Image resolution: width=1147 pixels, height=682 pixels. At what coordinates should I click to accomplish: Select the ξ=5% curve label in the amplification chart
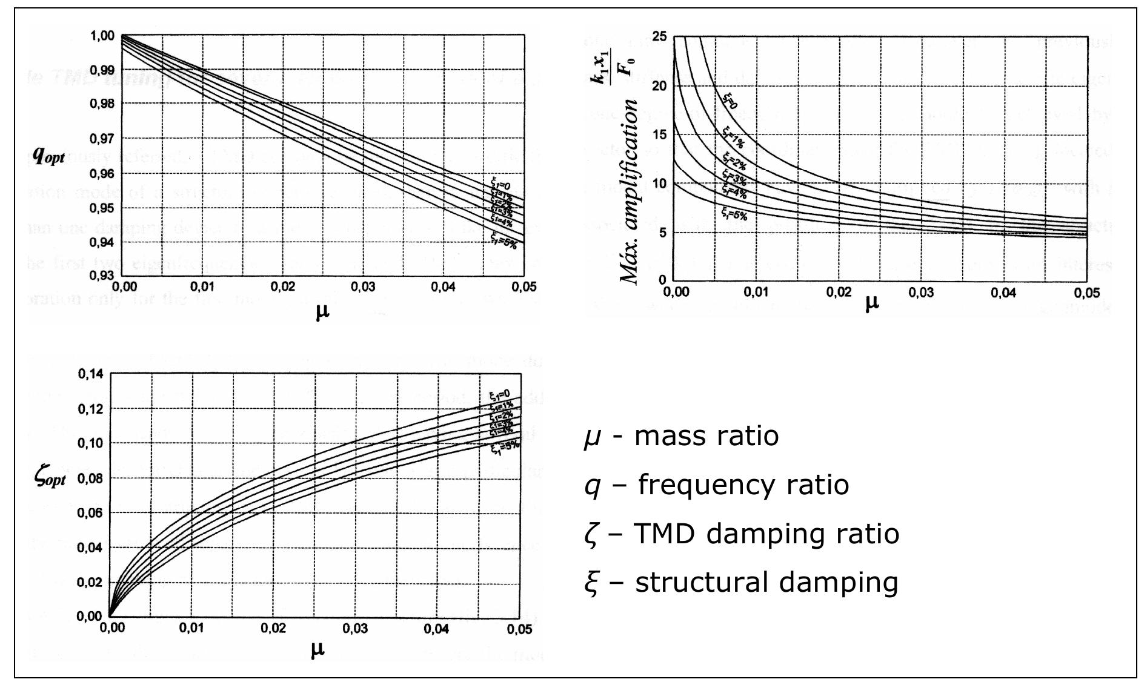coord(734,213)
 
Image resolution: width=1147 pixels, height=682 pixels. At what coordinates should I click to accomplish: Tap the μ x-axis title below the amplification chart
coord(871,303)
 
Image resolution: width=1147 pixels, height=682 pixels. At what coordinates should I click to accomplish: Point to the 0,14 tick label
coord(91,374)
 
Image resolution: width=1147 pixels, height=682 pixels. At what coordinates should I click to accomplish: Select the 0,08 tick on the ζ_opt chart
coord(91,478)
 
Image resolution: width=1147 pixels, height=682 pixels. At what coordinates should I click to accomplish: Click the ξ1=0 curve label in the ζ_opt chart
coord(500,396)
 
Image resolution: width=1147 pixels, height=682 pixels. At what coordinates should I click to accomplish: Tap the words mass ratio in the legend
coord(706,436)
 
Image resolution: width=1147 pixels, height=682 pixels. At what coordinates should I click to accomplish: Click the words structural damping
coord(766,582)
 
